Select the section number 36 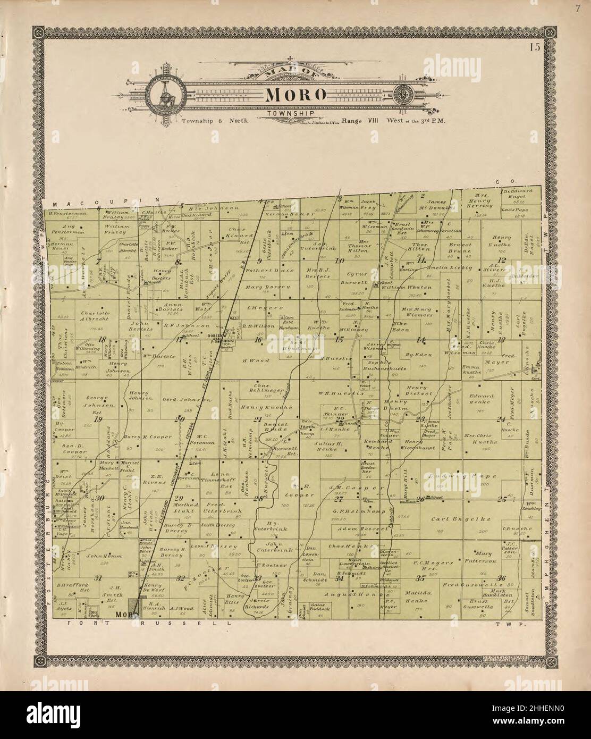[501, 578]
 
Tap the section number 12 [501, 259]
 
